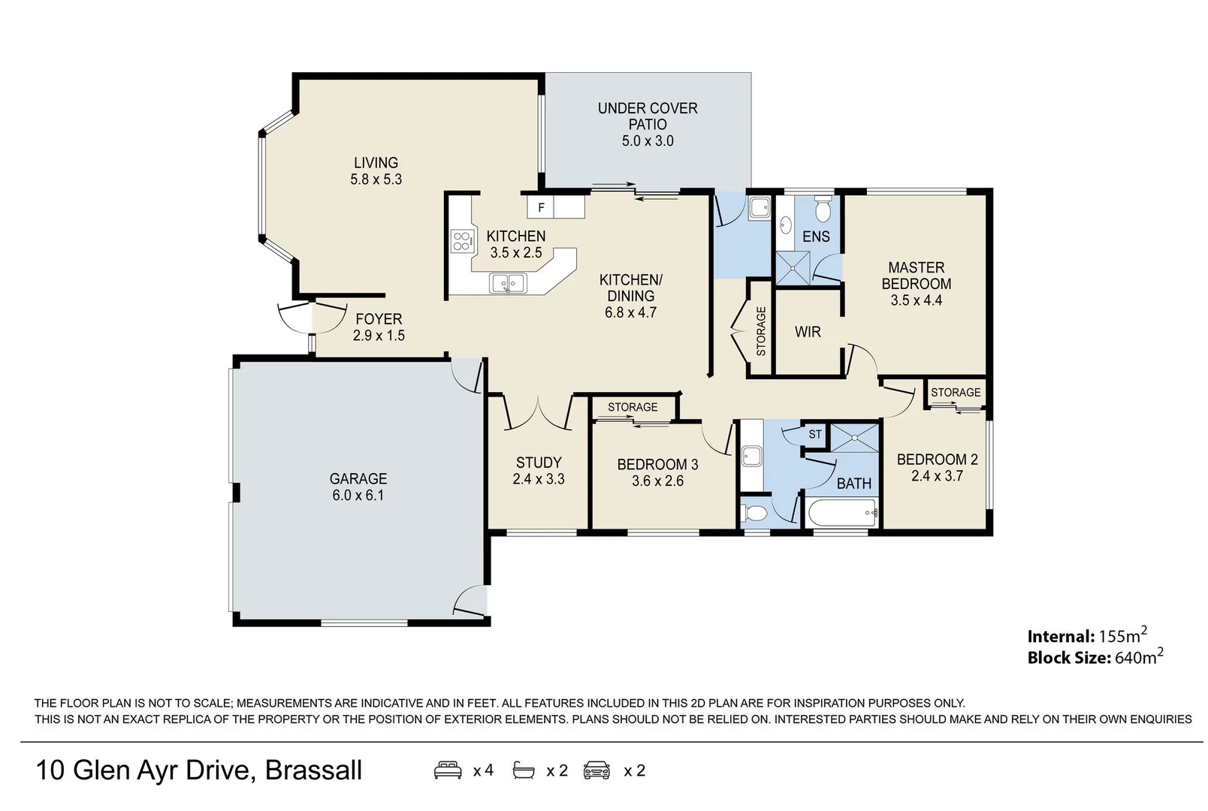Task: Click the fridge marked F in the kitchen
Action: [x=541, y=207]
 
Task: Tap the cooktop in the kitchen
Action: [x=461, y=240]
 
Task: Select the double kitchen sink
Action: [x=508, y=283]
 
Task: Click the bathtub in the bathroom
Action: [x=842, y=514]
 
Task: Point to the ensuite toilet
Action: [x=823, y=210]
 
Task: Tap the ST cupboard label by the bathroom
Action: [x=815, y=434]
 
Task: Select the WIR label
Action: [x=808, y=332]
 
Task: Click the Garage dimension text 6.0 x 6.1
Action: [x=358, y=496]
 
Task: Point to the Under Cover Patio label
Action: [x=648, y=116]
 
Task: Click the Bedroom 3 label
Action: [x=657, y=464]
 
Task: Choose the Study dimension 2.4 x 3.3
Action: [x=539, y=479]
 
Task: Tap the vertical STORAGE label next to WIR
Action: [x=761, y=331]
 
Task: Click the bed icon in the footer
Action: [x=448, y=770]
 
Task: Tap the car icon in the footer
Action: [x=597, y=770]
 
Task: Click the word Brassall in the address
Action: [x=313, y=770]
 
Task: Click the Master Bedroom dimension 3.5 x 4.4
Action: [x=916, y=300]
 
